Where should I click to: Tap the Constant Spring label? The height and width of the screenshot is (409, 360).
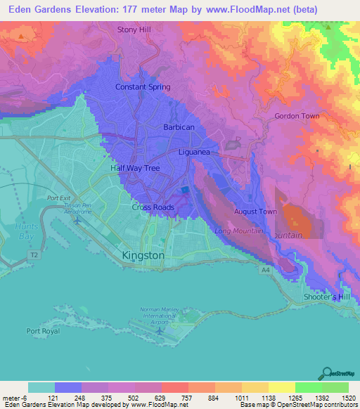(x=143, y=87)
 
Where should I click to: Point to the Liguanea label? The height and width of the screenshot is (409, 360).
(x=195, y=151)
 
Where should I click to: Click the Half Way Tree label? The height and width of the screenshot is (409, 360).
(x=135, y=169)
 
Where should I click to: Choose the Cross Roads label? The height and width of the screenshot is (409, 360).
(x=153, y=207)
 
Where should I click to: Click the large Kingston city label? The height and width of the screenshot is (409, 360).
(x=143, y=256)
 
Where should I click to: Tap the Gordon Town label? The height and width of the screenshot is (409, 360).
(x=297, y=116)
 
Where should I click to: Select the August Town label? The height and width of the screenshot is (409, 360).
(x=253, y=211)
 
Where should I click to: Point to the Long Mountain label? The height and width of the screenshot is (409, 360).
(x=238, y=231)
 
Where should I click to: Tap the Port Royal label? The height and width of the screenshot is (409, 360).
(x=43, y=331)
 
